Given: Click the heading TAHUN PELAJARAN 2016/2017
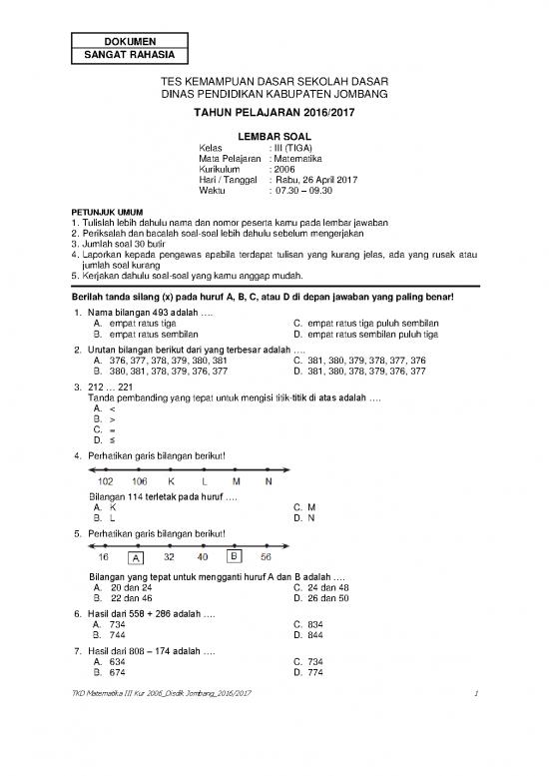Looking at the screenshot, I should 274,112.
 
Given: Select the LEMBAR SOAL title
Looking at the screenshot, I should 274,134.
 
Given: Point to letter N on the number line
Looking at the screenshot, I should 268,481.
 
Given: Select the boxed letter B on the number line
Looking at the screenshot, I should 234,555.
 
